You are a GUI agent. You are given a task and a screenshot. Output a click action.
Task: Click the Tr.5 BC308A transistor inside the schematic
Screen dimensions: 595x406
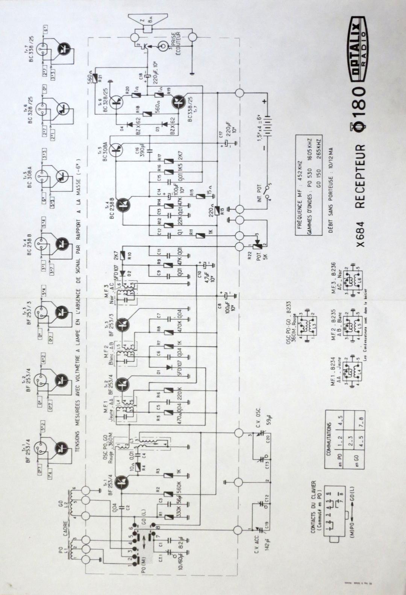click(117, 150)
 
